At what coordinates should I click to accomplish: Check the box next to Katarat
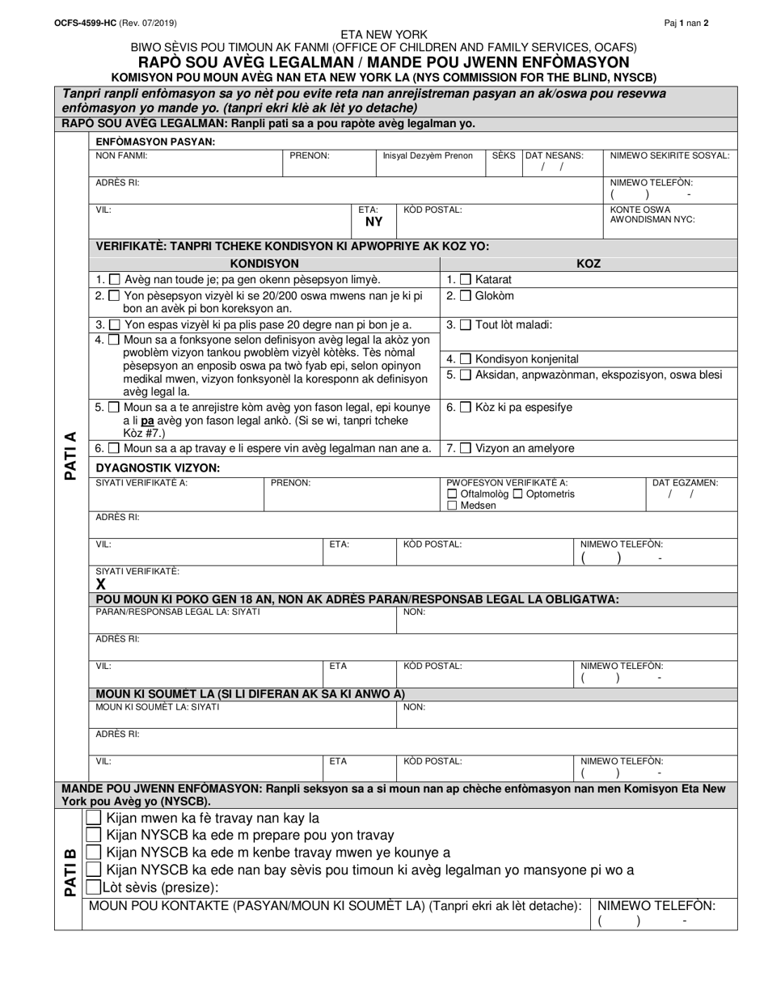[466, 279]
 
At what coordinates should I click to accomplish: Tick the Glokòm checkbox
[466, 296]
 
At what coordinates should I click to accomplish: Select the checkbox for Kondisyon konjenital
[466, 359]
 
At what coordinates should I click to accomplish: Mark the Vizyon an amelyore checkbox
[466, 448]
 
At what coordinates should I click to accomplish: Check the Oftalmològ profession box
[452, 494]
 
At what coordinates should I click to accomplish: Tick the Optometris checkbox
[518, 494]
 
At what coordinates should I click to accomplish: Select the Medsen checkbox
[452, 506]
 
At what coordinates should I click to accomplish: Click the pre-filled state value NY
[373, 222]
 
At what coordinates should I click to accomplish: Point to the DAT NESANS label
[555, 155]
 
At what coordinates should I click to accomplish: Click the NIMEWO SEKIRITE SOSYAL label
[669, 155]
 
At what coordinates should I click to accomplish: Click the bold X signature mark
[101, 584]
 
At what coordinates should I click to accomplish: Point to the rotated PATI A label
[70, 455]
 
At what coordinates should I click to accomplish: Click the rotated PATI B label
[70, 871]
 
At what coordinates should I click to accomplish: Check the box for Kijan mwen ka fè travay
[94, 818]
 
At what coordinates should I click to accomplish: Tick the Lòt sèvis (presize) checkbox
[94, 887]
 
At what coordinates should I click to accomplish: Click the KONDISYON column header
[264, 264]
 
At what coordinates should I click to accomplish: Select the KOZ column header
[588, 264]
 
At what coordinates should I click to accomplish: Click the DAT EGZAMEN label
[685, 483]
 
